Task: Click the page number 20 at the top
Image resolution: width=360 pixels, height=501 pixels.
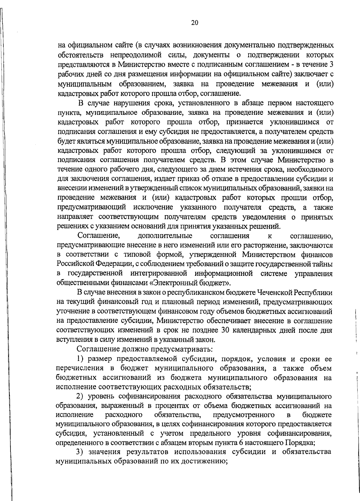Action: pos(194,23)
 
